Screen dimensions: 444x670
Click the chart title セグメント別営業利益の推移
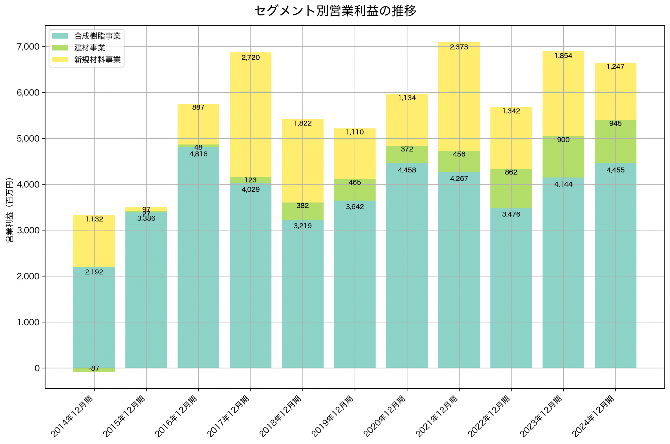335,11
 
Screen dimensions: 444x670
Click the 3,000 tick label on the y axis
28,231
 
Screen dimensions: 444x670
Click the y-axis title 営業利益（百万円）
9,210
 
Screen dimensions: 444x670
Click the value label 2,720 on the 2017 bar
251,58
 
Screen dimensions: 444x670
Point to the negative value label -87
94,368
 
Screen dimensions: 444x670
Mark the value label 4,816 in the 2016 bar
198,154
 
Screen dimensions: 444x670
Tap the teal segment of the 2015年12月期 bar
146,297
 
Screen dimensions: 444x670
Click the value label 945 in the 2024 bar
615,123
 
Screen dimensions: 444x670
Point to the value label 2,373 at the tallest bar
459,47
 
